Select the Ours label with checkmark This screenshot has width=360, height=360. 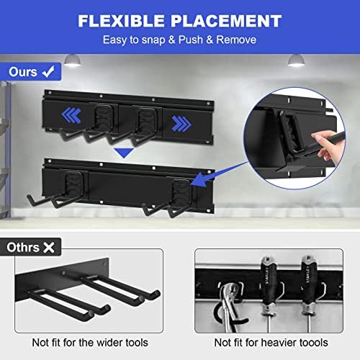click(30, 72)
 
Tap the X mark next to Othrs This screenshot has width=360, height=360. click(49, 248)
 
